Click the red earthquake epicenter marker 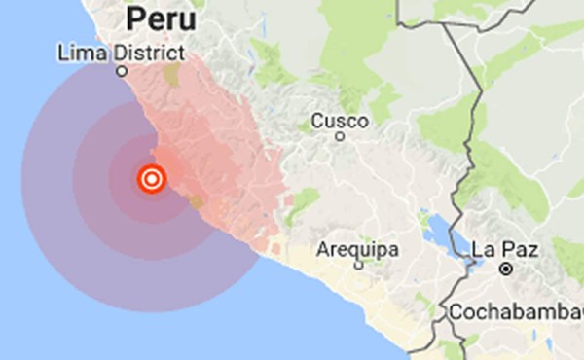click(x=150, y=179)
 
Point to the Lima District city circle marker click(x=122, y=71)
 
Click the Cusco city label click(x=340, y=121)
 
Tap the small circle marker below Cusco click(x=340, y=137)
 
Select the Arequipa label click(x=357, y=249)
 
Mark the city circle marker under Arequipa click(x=358, y=265)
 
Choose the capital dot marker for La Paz click(x=506, y=267)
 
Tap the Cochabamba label click(x=516, y=312)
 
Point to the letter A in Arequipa click(x=323, y=249)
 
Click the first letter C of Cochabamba click(x=456, y=312)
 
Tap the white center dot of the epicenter click(x=150, y=179)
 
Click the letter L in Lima click(x=63, y=52)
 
